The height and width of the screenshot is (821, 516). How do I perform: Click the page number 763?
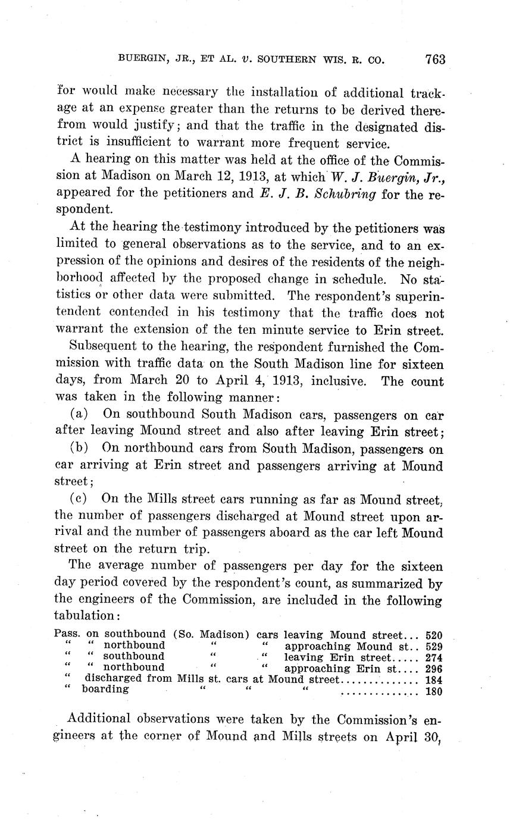point(435,59)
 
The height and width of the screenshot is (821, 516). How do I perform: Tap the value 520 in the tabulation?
point(434,635)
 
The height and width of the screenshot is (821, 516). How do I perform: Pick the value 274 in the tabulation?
point(434,657)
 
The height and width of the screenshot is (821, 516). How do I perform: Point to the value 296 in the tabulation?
point(434,668)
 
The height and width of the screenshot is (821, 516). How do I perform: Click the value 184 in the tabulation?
point(434,679)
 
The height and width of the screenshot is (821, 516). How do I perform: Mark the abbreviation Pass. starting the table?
point(67,635)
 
